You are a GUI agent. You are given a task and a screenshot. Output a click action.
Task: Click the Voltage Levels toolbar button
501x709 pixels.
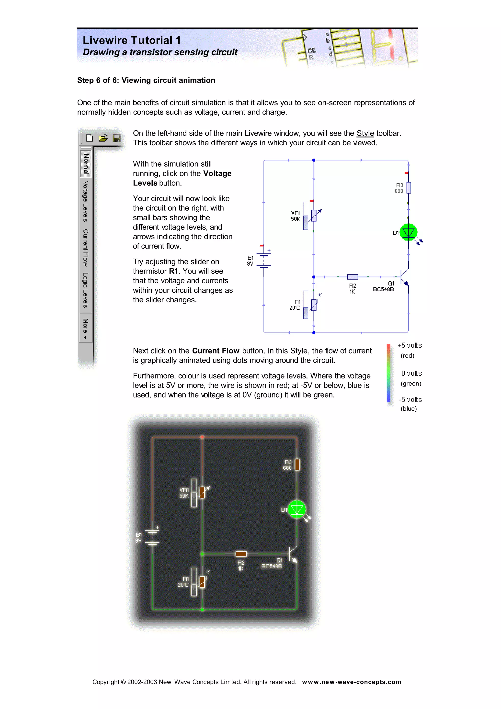point(86,201)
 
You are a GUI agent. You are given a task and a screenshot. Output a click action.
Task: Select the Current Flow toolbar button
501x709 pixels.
point(86,248)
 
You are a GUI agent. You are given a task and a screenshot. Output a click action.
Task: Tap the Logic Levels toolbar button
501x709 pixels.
point(86,290)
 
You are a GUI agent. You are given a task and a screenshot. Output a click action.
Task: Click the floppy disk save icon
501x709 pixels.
point(116,138)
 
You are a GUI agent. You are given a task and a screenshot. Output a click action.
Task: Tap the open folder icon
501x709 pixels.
point(103,138)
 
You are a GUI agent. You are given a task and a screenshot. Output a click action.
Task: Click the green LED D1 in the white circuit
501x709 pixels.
point(408,232)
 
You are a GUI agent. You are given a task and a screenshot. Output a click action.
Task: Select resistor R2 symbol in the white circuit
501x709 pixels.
point(353,277)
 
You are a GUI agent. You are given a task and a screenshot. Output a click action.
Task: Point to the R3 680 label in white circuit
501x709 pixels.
point(399,188)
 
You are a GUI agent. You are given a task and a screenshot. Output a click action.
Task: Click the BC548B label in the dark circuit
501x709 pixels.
point(272,566)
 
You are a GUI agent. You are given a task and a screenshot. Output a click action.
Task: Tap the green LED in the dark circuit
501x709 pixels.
point(297,510)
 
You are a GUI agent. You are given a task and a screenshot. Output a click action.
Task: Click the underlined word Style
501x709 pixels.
point(365,133)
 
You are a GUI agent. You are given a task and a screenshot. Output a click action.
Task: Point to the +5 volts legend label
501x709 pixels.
point(409,345)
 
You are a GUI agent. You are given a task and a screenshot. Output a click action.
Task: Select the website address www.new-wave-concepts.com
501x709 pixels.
point(351,682)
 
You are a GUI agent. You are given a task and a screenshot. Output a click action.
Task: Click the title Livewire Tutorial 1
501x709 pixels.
point(132,40)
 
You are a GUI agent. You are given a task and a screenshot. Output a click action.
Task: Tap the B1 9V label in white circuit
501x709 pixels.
point(250,261)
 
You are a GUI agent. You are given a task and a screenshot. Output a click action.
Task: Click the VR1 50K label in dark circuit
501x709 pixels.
point(184,493)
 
